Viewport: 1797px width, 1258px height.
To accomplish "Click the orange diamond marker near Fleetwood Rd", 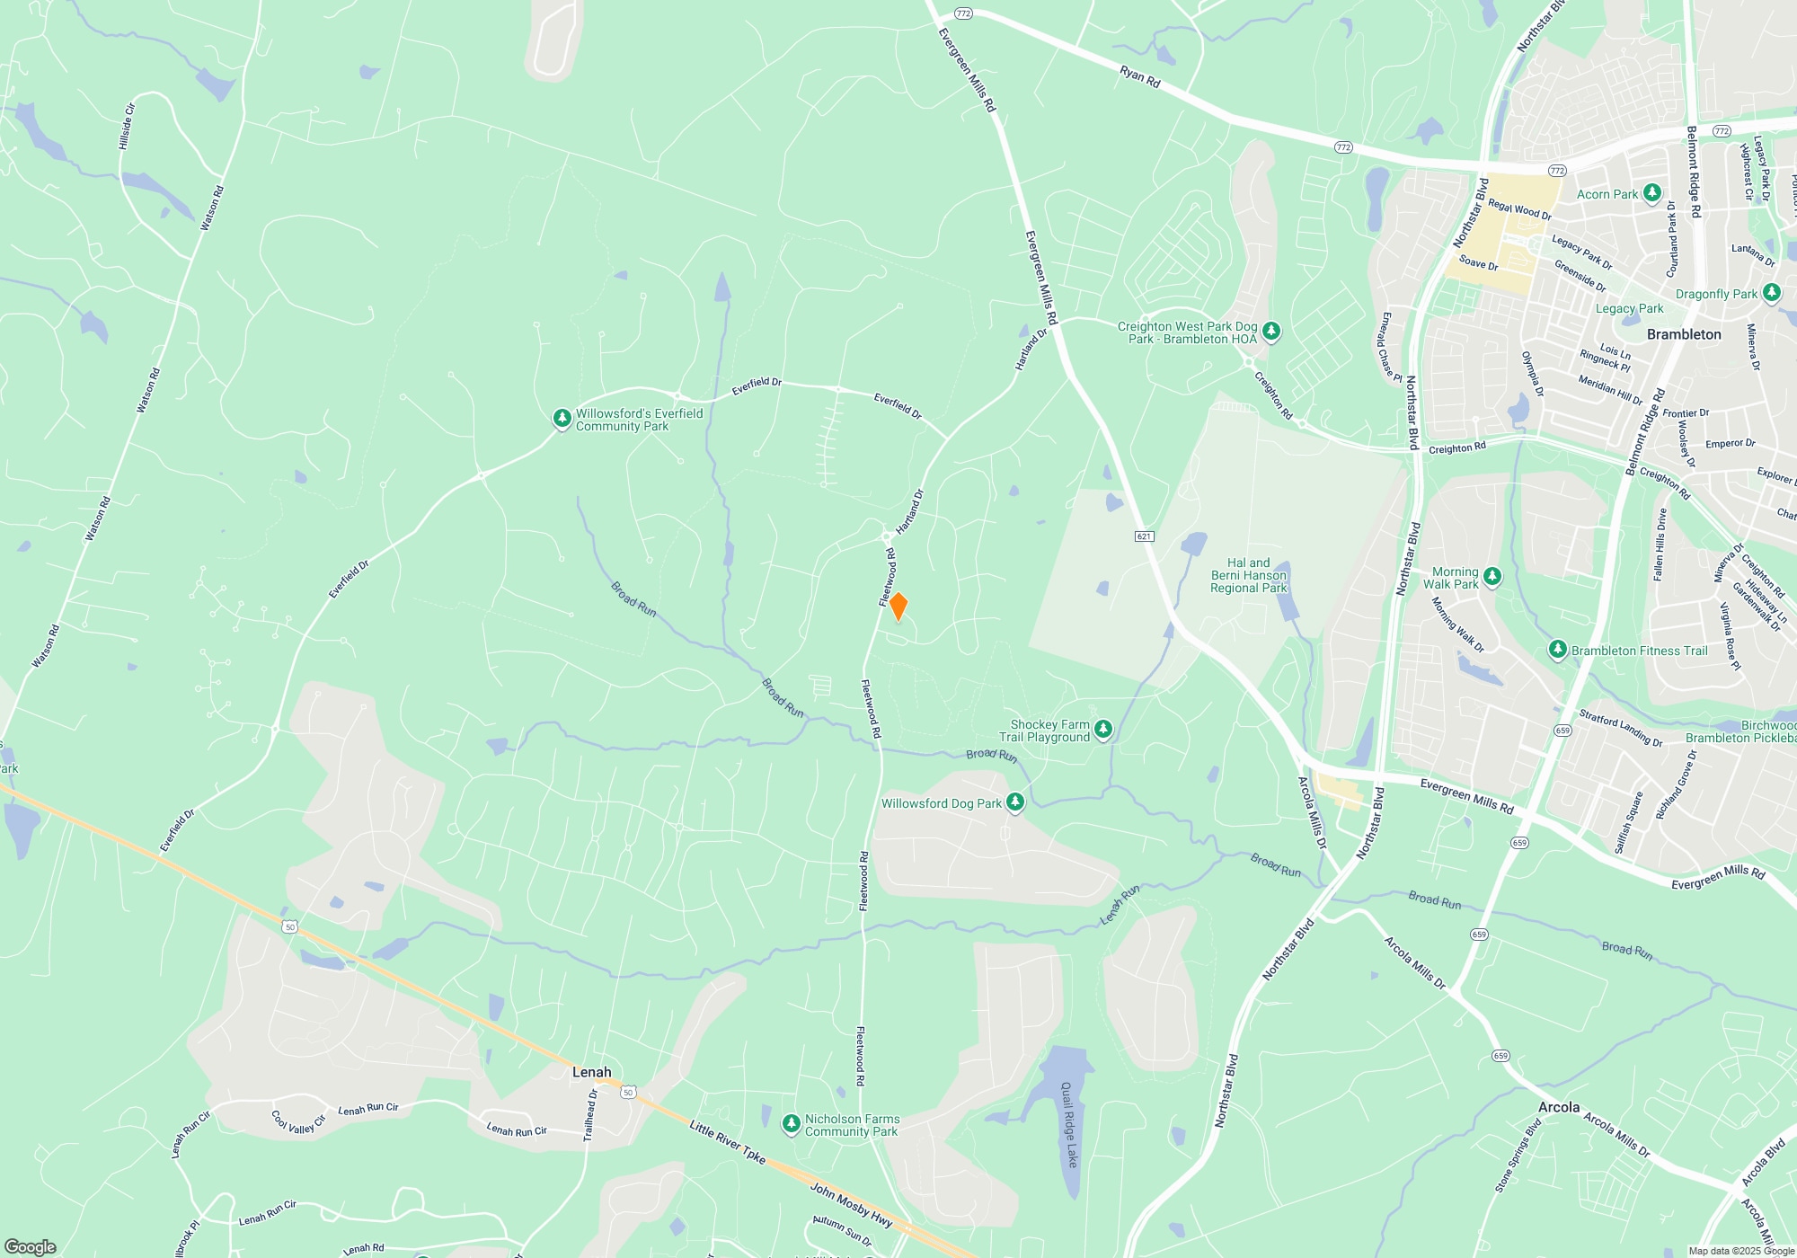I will point(898,607).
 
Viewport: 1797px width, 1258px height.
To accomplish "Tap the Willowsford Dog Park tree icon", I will point(1015,802).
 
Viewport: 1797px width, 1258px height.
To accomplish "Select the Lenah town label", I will point(591,1072).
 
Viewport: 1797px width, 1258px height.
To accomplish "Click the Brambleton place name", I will point(1684,334).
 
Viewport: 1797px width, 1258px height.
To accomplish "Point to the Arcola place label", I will point(1558,1107).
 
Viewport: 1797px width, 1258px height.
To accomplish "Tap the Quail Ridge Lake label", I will point(1067,1125).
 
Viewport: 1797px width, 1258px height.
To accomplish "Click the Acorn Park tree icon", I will point(1651,193).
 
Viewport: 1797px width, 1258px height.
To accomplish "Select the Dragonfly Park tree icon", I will point(1771,293).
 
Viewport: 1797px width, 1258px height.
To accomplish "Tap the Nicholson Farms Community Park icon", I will point(791,1124).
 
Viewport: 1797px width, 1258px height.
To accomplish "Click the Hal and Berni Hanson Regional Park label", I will point(1248,575).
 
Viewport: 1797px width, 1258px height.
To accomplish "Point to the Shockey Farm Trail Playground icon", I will point(1103,730).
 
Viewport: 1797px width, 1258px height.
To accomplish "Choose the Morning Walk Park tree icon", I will point(1492,577).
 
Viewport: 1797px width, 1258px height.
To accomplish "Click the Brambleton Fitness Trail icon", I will point(1558,650).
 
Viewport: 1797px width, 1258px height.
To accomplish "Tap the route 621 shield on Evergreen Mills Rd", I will point(1144,536).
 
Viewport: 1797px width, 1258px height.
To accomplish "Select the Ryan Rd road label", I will point(1140,77).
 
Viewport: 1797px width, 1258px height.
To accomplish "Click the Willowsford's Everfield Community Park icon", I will point(562,419).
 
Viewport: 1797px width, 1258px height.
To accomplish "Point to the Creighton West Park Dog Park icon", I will point(1270,332).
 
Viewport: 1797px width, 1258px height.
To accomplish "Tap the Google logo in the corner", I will point(31,1246).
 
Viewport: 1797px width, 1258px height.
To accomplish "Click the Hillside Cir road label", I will point(127,126).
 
